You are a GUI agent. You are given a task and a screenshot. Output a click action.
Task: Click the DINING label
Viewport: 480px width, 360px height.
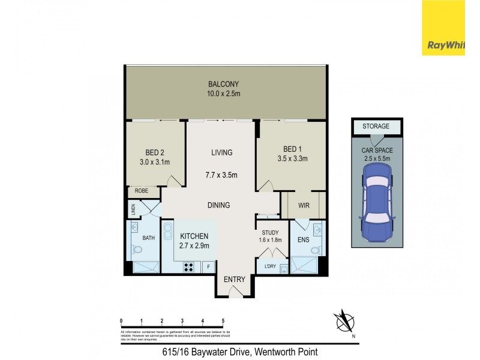pyautogui.click(x=219, y=205)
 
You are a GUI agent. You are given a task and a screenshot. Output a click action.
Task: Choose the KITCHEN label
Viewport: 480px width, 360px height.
pyautogui.click(x=193, y=236)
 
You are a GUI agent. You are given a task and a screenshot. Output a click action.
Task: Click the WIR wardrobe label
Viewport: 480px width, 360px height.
pyautogui.click(x=303, y=205)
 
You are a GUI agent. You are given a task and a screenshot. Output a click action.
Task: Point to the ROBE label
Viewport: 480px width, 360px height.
pyautogui.click(x=141, y=191)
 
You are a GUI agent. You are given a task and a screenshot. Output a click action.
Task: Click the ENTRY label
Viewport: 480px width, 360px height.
pyautogui.click(x=234, y=280)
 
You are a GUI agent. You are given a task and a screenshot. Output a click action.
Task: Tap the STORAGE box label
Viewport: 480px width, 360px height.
pyautogui.click(x=375, y=127)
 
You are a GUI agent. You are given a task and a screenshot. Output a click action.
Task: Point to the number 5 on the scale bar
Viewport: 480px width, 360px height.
pyautogui.click(x=223, y=321)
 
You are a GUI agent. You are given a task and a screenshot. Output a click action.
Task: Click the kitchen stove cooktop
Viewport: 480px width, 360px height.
pyautogui.click(x=190, y=267)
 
